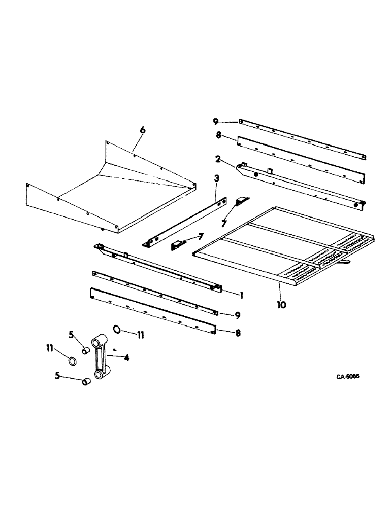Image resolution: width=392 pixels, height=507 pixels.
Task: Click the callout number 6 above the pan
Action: pyautogui.click(x=143, y=130)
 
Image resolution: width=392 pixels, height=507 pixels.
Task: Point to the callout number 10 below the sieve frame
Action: pyautogui.click(x=281, y=305)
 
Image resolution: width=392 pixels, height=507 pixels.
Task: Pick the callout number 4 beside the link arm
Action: pyautogui.click(x=126, y=358)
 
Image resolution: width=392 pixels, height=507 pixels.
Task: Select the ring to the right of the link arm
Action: pyautogui.click(x=118, y=330)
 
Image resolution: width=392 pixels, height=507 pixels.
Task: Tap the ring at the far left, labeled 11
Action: pyautogui.click(x=73, y=361)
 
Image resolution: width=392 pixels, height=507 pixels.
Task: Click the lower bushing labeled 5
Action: pyautogui.click(x=86, y=381)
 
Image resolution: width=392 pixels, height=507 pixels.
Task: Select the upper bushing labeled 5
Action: pyautogui.click(x=86, y=351)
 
